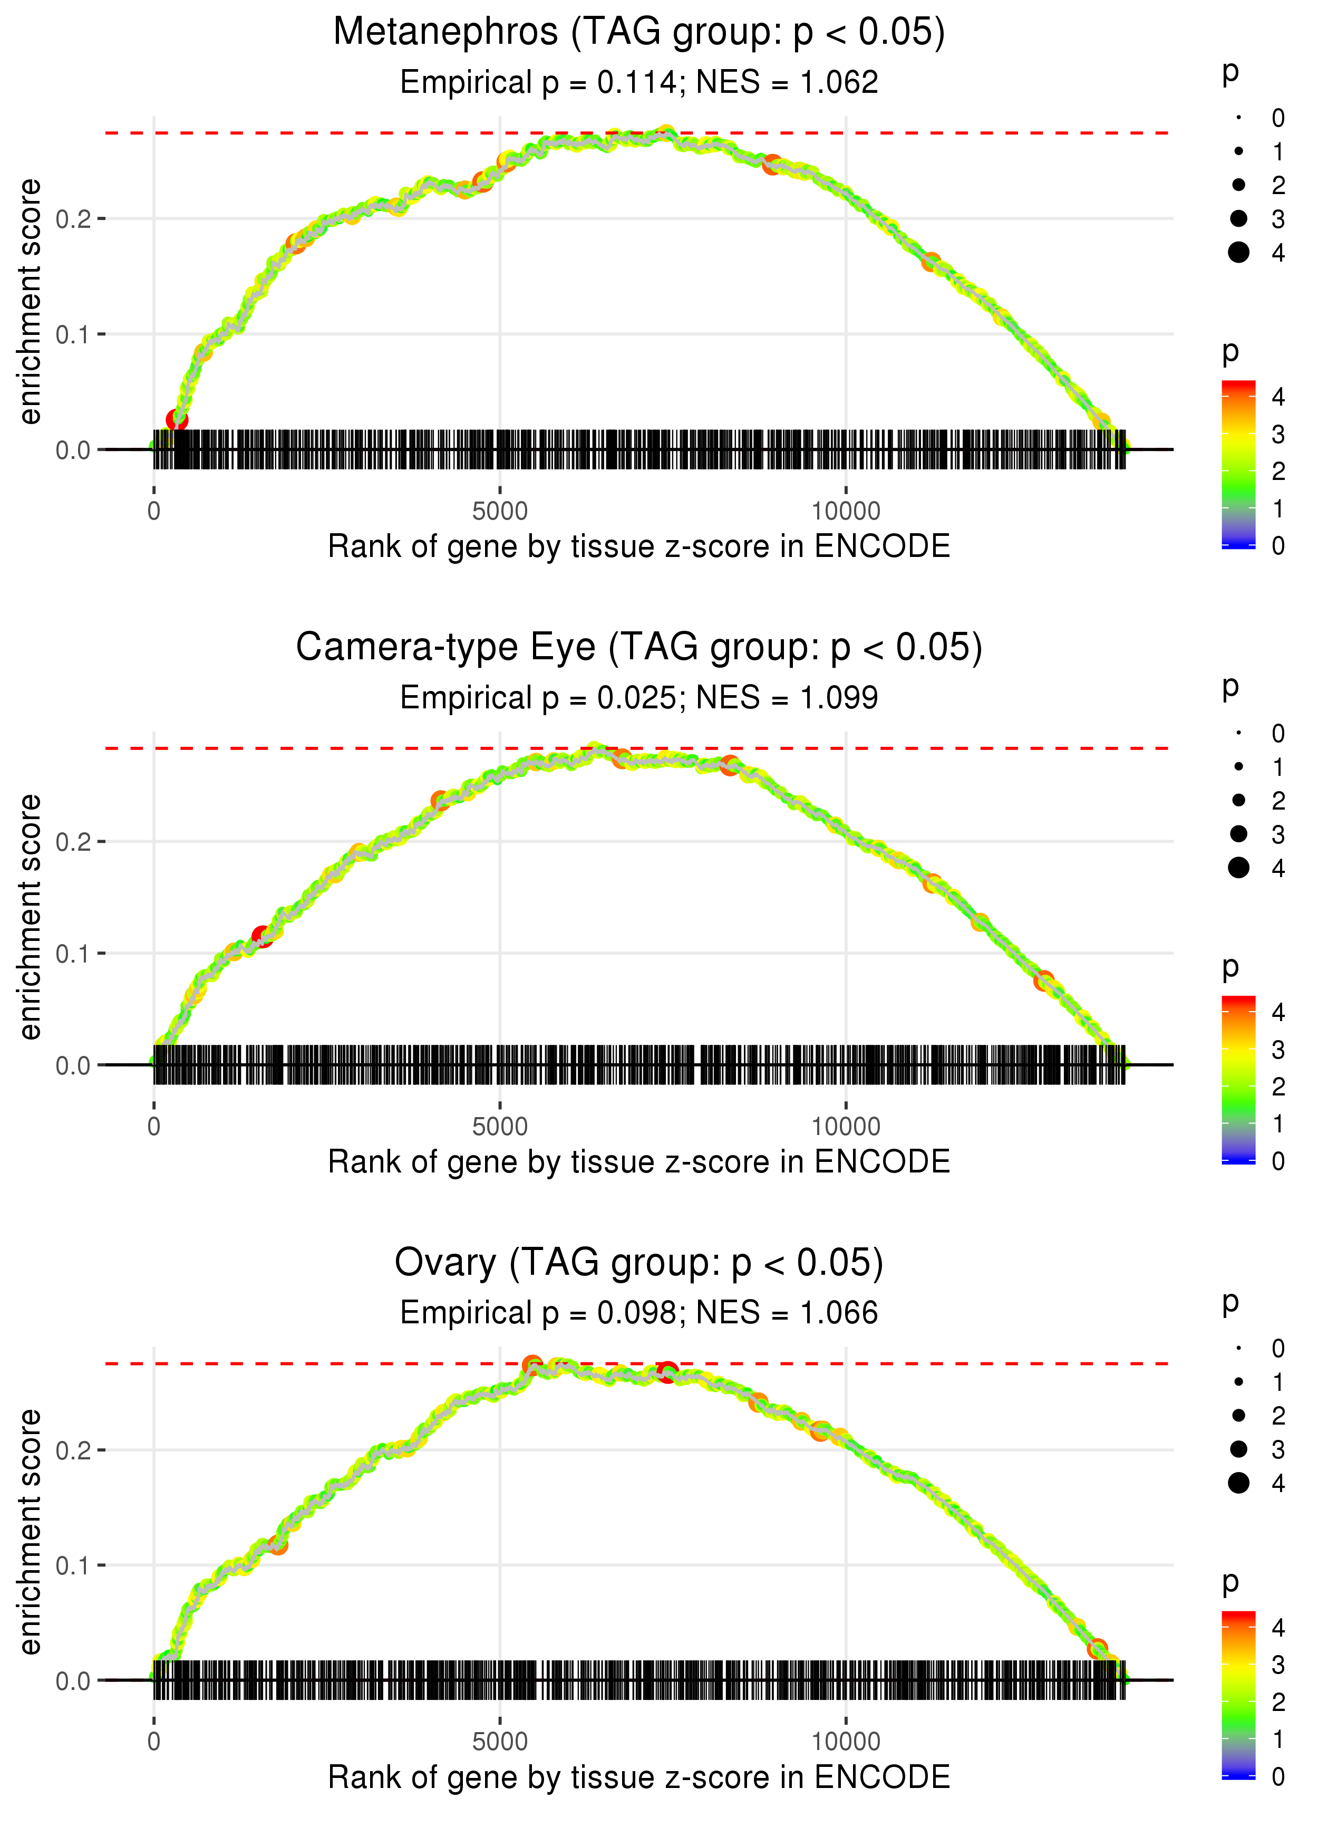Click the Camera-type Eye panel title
[639, 648]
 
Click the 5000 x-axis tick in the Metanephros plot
[500, 512]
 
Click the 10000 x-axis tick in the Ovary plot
[846, 1742]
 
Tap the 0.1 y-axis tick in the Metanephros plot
[73, 334]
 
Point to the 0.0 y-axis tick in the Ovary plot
[73, 1681]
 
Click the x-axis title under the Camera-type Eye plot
[639, 1162]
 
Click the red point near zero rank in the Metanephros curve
[177, 420]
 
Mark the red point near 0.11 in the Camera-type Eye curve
[262, 936]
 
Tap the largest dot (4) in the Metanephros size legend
[1238, 253]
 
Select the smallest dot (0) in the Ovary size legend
[1238, 1349]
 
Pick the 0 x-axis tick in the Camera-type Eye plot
[154, 1127]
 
